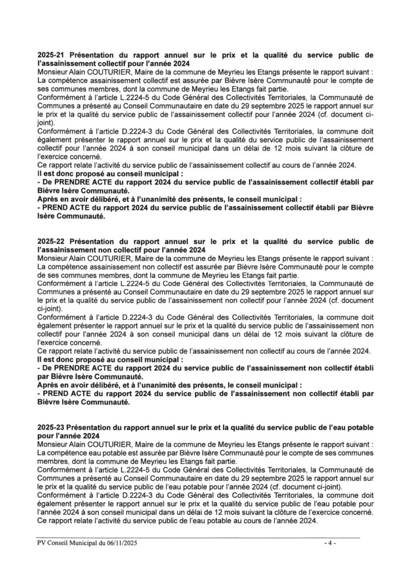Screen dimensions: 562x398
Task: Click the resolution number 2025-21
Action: [x=52, y=55]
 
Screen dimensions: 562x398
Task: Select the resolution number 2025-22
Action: [x=52, y=241]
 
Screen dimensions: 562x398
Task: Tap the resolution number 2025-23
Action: [x=52, y=427]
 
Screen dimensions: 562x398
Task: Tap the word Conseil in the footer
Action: [x=59, y=544]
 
